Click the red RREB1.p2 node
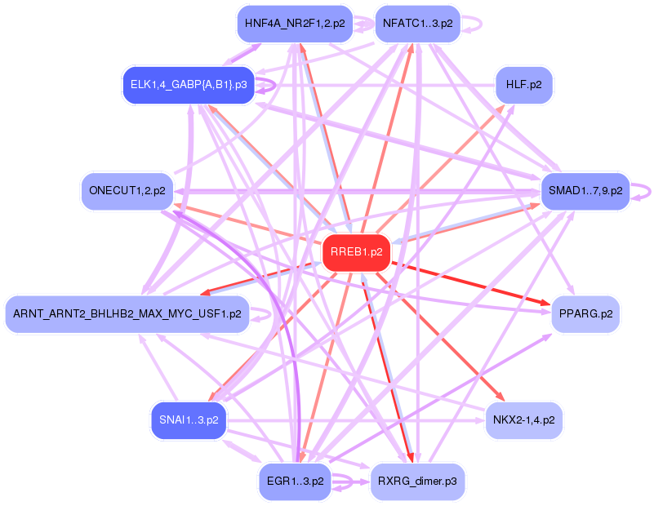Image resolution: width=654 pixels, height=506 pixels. pyautogui.click(x=357, y=253)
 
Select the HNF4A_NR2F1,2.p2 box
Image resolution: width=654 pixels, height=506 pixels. pyautogui.click(x=295, y=24)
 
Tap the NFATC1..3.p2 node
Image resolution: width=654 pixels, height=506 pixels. pyautogui.click(x=417, y=24)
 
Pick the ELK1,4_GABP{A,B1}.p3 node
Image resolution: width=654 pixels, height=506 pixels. pyautogui.click(x=189, y=85)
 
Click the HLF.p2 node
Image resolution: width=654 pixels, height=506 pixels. pyautogui.click(x=524, y=85)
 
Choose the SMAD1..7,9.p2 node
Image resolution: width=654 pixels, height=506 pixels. pyautogui.click(x=585, y=191)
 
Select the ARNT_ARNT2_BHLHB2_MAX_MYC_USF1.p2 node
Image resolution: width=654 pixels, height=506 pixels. pyautogui.click(x=127, y=314)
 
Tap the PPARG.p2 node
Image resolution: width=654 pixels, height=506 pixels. pyautogui.click(x=585, y=314)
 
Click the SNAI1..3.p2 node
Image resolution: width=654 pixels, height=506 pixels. pyautogui.click(x=189, y=420)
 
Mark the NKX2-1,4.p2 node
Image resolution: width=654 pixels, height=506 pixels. pyautogui.click(x=524, y=420)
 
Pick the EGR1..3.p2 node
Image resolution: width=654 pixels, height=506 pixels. pyautogui.click(x=295, y=481)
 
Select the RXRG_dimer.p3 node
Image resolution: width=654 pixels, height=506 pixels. pyautogui.click(x=417, y=481)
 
